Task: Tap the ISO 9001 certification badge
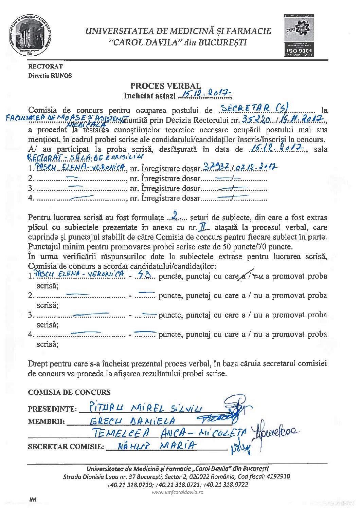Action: [299, 35]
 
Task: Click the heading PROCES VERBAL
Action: [165, 86]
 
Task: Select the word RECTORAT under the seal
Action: [45, 67]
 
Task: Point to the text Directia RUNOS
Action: [50, 76]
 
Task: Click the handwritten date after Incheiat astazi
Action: [205, 95]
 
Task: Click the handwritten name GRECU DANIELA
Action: [132, 421]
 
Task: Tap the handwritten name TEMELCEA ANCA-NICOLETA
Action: [169, 433]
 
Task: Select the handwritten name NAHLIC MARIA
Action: [157, 446]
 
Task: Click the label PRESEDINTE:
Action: [52, 409]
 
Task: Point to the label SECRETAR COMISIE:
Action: [66, 447]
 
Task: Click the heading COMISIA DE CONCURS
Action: [69, 392]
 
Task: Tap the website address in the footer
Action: [177, 492]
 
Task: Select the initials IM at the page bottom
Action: [33, 499]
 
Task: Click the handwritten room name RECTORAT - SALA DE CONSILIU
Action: [85, 157]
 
